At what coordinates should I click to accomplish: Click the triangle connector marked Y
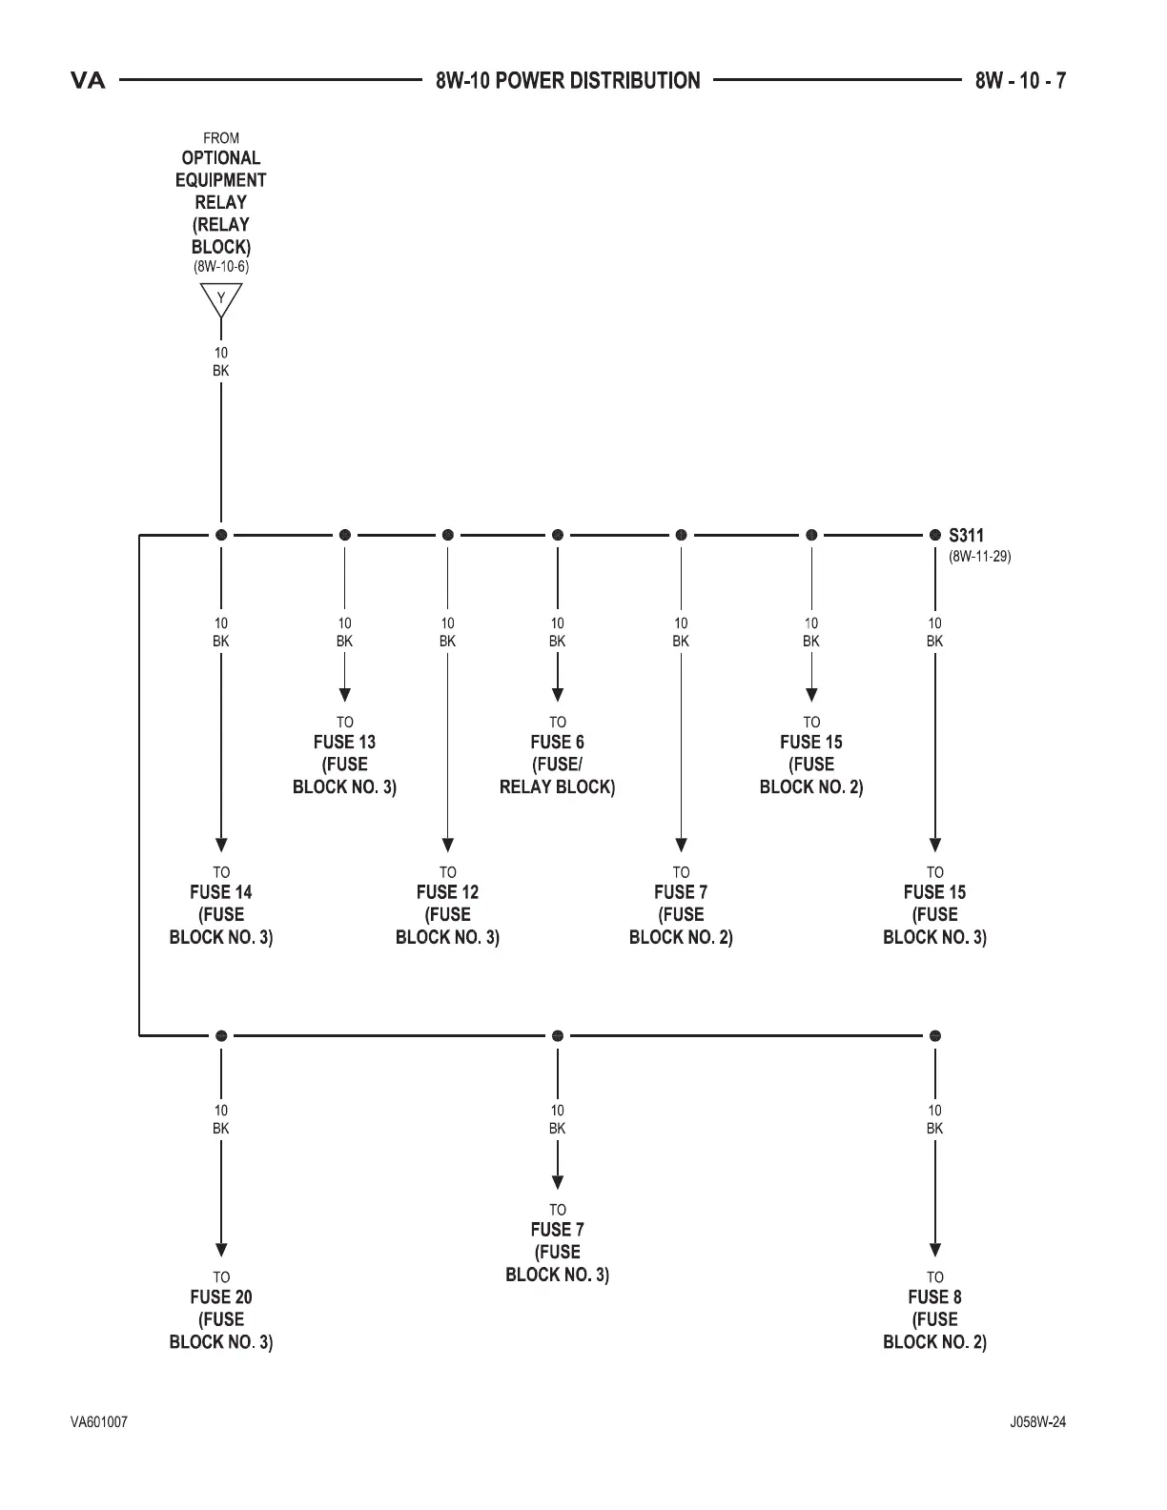point(221,300)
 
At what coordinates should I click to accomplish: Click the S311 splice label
point(966,536)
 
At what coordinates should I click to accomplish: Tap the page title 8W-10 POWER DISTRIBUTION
point(568,81)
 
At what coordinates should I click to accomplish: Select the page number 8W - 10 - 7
point(1020,81)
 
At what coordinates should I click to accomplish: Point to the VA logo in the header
point(89,81)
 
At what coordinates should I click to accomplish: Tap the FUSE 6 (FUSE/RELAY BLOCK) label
point(558,764)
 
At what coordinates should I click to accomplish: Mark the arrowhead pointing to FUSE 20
point(221,1250)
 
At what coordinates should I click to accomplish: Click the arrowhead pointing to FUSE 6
point(558,694)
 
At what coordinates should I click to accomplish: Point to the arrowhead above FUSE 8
point(935,1250)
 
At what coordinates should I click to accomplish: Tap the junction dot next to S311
point(934,535)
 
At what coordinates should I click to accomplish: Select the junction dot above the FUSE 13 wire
point(345,535)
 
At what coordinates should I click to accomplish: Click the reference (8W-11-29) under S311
point(979,556)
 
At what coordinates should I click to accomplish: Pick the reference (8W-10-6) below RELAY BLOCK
point(221,267)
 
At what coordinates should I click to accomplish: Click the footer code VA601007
point(99,1422)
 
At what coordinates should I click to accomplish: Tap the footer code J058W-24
point(1038,1422)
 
